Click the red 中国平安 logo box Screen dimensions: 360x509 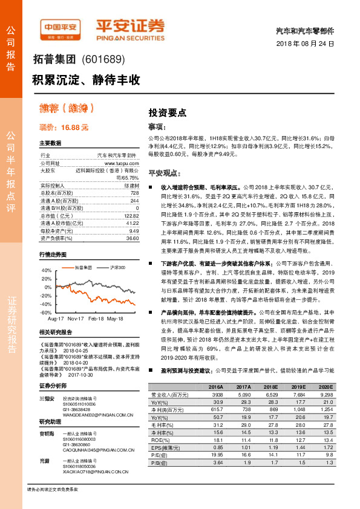click(x=61, y=26)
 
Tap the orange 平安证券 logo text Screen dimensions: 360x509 click(x=130, y=25)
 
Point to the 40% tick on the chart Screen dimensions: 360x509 click(x=46, y=270)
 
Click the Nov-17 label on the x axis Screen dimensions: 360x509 click(x=76, y=318)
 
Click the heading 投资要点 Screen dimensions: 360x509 click(x=168, y=112)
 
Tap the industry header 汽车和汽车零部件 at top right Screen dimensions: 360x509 click(x=309, y=30)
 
